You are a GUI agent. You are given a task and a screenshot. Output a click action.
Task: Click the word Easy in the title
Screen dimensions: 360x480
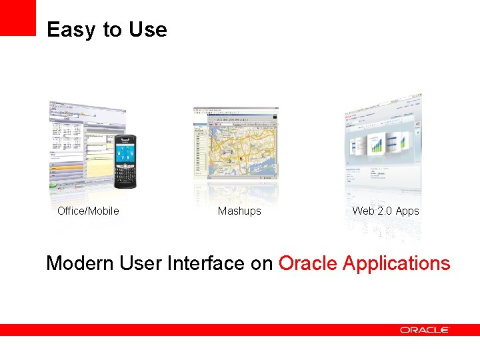65,30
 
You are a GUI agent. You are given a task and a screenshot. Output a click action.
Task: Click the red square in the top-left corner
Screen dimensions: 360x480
17,17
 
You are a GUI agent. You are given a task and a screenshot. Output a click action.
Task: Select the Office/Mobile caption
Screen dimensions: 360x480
88,211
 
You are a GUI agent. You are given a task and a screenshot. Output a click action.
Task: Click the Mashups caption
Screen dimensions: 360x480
239,211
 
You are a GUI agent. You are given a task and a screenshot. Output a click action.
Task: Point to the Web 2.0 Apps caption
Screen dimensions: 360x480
385,211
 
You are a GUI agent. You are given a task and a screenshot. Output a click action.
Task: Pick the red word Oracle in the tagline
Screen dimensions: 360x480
307,263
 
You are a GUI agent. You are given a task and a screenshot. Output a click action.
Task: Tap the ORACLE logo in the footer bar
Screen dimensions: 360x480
425,329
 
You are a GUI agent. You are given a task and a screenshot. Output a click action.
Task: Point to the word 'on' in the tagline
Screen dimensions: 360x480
261,263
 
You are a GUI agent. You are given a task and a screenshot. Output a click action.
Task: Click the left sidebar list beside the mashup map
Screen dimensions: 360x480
200,150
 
